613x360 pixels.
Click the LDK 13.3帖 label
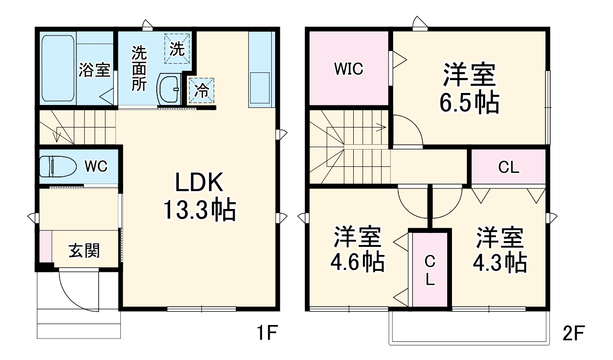pos(199,197)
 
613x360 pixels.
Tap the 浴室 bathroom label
pos(94,70)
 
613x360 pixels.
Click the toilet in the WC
pos(58,167)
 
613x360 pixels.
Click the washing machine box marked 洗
pos(177,48)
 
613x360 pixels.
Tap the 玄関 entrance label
pos(84,250)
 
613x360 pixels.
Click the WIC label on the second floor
pos(348,69)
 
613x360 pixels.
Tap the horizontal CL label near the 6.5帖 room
pos(508,167)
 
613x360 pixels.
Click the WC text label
pos(96,166)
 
